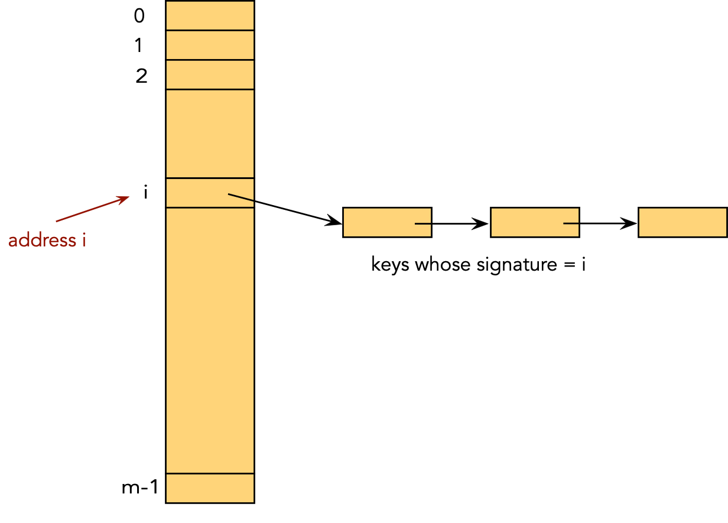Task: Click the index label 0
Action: point(139,16)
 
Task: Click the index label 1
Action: point(139,46)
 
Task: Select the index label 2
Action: point(141,76)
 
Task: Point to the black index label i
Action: point(145,192)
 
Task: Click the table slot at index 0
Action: point(210,15)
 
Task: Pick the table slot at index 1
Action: point(210,45)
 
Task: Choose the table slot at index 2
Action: point(210,74)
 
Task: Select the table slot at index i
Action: point(210,193)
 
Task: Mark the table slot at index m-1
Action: point(210,488)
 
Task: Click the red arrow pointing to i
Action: point(92,209)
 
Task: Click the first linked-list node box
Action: point(387,222)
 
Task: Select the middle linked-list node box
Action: point(535,222)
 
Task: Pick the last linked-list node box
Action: point(682,222)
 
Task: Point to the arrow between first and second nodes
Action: point(453,224)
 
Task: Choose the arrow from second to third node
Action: point(600,224)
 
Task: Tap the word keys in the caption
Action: point(390,265)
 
